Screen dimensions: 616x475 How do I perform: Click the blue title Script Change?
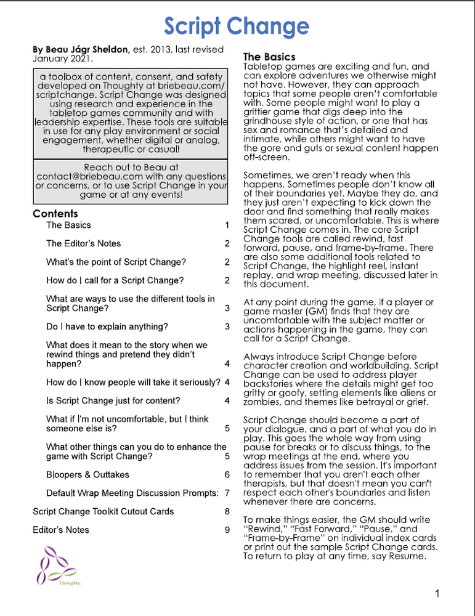[237, 26]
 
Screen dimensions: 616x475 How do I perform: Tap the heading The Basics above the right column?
[269, 57]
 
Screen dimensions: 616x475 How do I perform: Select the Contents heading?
[55, 214]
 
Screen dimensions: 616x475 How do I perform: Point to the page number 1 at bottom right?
[437, 594]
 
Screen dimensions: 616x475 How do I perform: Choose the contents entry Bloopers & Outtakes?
[87, 475]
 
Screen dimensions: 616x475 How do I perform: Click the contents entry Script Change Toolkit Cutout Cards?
[103, 511]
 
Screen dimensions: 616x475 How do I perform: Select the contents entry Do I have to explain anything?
[107, 326]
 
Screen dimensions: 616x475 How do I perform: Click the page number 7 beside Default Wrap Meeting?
[227, 493]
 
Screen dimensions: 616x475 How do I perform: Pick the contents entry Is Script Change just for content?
[113, 401]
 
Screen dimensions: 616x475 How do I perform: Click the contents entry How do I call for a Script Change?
[115, 280]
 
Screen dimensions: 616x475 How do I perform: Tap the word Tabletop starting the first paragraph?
[262, 67]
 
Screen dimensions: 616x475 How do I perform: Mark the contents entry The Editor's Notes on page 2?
[83, 243]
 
